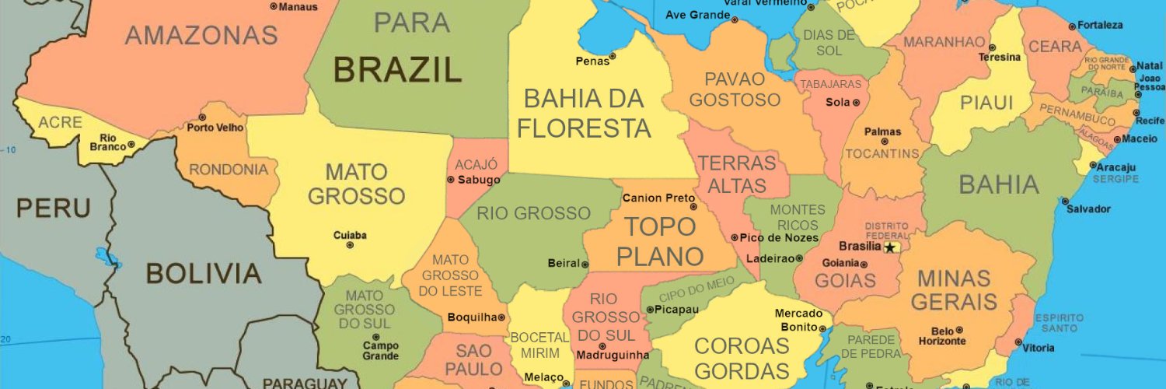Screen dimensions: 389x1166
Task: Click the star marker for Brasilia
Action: pos(891,247)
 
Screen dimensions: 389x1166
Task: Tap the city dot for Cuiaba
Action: pos(350,245)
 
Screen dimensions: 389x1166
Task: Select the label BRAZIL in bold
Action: pos(397,70)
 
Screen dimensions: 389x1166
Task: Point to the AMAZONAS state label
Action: pos(201,35)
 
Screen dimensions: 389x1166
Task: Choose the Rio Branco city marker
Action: pos(131,145)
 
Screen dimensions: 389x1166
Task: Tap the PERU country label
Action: pos(53,209)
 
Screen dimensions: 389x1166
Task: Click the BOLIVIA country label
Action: pos(204,273)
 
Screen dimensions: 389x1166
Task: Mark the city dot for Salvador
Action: pos(1065,201)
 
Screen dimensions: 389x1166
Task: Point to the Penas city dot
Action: pos(613,56)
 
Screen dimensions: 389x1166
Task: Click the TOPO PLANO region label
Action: pos(660,241)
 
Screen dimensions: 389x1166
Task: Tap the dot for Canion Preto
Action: pos(693,207)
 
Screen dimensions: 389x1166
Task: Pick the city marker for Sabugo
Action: pos(451,180)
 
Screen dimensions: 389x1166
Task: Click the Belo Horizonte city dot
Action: pos(959,330)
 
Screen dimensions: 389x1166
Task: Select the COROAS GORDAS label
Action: pos(741,358)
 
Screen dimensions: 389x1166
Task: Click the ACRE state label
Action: pos(60,122)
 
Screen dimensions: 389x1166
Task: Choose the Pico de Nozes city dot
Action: pos(735,237)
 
